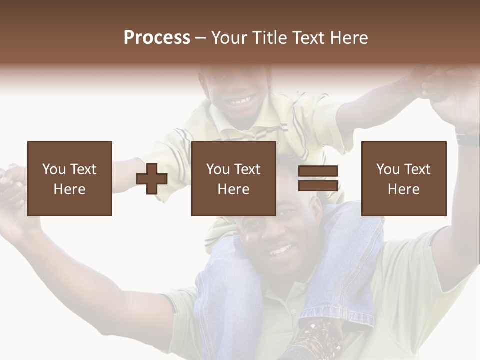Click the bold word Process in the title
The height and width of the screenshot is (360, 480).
click(x=157, y=38)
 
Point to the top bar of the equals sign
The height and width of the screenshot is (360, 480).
click(x=318, y=171)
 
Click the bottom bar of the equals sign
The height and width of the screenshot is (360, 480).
click(x=318, y=186)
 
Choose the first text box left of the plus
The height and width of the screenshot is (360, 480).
click(x=70, y=179)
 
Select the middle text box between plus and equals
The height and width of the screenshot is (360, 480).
click(x=234, y=179)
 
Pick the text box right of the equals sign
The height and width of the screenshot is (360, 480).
click(x=404, y=179)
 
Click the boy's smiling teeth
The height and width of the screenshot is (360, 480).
click(x=240, y=102)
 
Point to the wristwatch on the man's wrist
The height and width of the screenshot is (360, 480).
click(x=468, y=138)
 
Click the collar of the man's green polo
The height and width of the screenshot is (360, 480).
click(x=300, y=287)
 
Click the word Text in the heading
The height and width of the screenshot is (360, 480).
click(x=306, y=38)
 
